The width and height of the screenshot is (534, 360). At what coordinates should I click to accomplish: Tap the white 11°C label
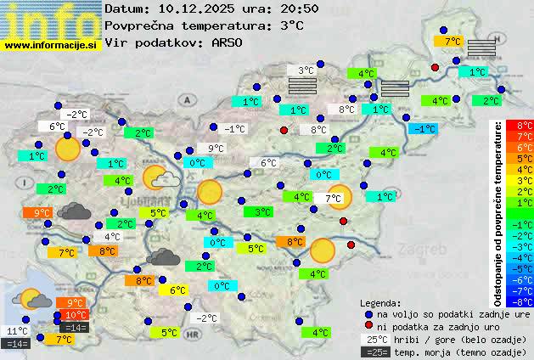(x=17, y=331)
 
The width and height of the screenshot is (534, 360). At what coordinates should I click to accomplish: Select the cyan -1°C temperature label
(x=423, y=129)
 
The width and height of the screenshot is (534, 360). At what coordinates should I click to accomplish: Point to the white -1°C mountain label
(x=234, y=129)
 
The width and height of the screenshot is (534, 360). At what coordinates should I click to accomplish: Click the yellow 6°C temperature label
(x=178, y=290)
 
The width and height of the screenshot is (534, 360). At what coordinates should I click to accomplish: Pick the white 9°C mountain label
(x=216, y=149)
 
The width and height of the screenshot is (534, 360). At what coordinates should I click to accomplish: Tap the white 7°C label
(x=333, y=199)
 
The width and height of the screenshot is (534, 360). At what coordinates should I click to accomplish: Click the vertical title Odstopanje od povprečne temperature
(x=498, y=212)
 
